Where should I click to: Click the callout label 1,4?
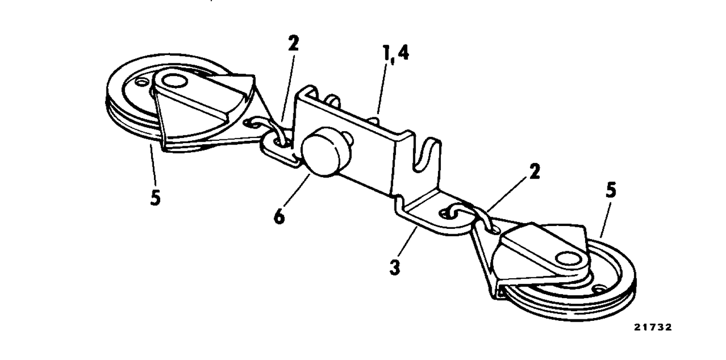396,54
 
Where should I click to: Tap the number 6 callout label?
279,217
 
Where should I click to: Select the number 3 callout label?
394,268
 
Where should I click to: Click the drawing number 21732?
652,327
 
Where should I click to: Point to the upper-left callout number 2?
293,43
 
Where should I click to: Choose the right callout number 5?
611,191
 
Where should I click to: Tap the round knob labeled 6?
325,156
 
